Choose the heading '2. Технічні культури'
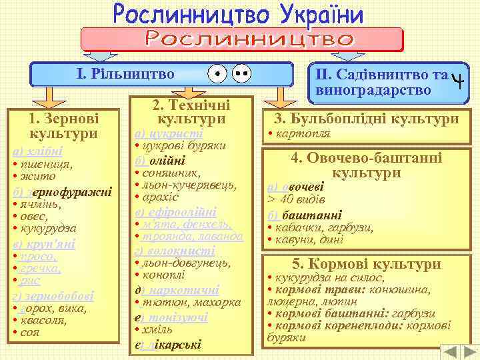[x=191, y=111]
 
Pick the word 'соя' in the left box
[x=29, y=331]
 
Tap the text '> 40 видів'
[x=296, y=200]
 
